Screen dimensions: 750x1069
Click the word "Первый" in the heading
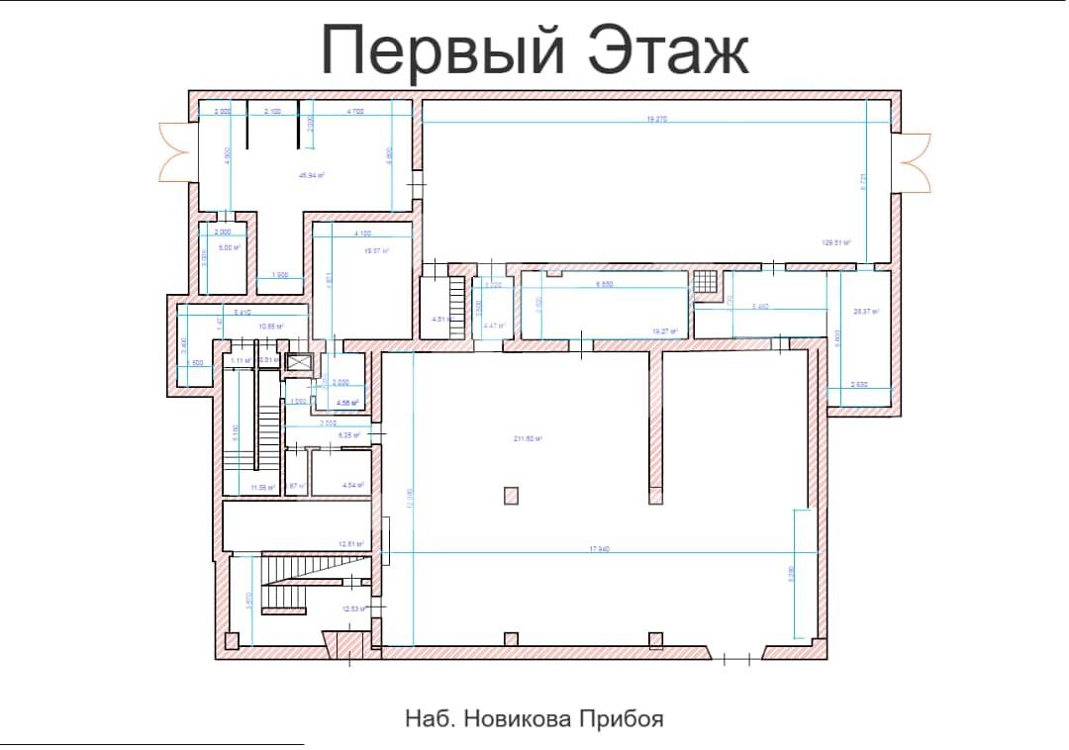click(443, 51)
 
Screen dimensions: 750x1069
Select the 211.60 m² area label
click(527, 438)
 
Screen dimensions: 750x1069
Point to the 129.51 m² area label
click(837, 241)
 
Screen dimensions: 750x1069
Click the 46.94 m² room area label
click(313, 175)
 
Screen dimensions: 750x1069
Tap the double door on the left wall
click(175, 150)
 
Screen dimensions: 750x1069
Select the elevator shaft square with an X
click(298, 363)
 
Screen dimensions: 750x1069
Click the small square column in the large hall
click(510, 495)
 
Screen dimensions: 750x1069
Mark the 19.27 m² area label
click(665, 331)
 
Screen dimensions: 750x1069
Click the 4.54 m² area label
click(353, 485)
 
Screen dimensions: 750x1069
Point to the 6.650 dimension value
click(606, 285)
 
